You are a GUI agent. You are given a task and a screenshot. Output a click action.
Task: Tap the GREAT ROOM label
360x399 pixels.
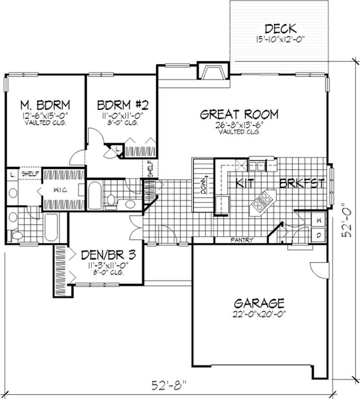239,114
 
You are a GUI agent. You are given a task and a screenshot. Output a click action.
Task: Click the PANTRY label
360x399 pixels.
241,240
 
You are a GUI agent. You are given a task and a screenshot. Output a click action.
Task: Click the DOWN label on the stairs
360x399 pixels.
203,185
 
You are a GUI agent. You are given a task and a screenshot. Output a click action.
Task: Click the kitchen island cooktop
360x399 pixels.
262,201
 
